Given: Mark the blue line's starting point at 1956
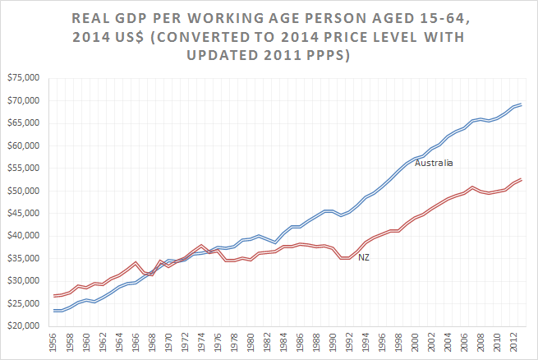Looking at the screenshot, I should tap(54, 311).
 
